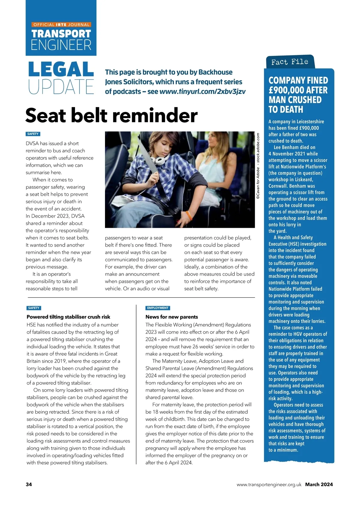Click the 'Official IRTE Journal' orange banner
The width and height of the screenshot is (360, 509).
(x=61, y=25)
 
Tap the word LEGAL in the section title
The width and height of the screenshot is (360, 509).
(x=61, y=69)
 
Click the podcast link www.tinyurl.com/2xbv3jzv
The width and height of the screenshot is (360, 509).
(x=202, y=92)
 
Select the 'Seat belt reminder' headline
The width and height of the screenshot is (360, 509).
(x=111, y=116)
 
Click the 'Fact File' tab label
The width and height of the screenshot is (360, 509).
(x=289, y=62)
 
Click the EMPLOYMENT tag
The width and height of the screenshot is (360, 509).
(x=158, y=308)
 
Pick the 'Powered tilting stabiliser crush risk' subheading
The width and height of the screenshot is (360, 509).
(x=68, y=317)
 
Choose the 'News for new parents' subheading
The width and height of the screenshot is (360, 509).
(x=172, y=317)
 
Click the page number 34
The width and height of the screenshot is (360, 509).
(x=29, y=484)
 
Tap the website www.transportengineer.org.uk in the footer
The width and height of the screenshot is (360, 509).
(x=269, y=484)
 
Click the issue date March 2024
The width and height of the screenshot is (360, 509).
(x=319, y=484)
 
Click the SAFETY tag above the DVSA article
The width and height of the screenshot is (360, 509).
(x=33, y=134)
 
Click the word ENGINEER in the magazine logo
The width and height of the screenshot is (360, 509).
(x=61, y=45)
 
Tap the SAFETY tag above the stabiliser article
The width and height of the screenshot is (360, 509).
(x=34, y=308)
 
